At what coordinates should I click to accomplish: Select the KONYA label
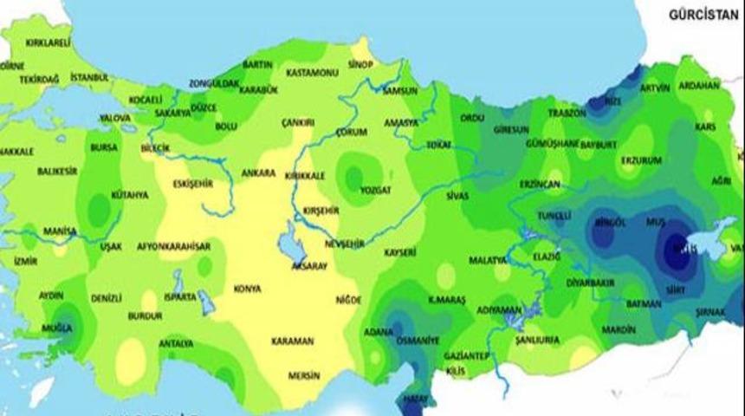pyautogui.click(x=247, y=289)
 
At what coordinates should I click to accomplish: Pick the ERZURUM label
pyautogui.click(x=641, y=160)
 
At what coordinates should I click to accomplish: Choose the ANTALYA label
pyautogui.click(x=176, y=341)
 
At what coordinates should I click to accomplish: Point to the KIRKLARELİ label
pyautogui.click(x=48, y=42)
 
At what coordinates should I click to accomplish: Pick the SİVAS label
pyautogui.click(x=457, y=196)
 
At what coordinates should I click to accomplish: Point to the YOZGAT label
pyautogui.click(x=374, y=189)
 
